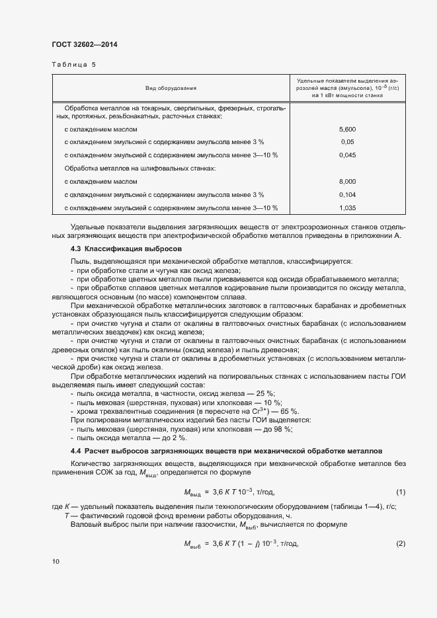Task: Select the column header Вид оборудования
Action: (171, 88)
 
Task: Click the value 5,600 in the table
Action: (347, 130)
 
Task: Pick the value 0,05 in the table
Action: (347, 142)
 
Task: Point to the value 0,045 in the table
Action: (347, 155)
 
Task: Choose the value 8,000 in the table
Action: (347, 181)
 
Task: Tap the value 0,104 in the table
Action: (347, 194)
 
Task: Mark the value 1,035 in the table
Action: (347, 208)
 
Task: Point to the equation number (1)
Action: (400, 492)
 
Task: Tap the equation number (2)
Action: (400, 543)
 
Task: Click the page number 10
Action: (56, 561)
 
